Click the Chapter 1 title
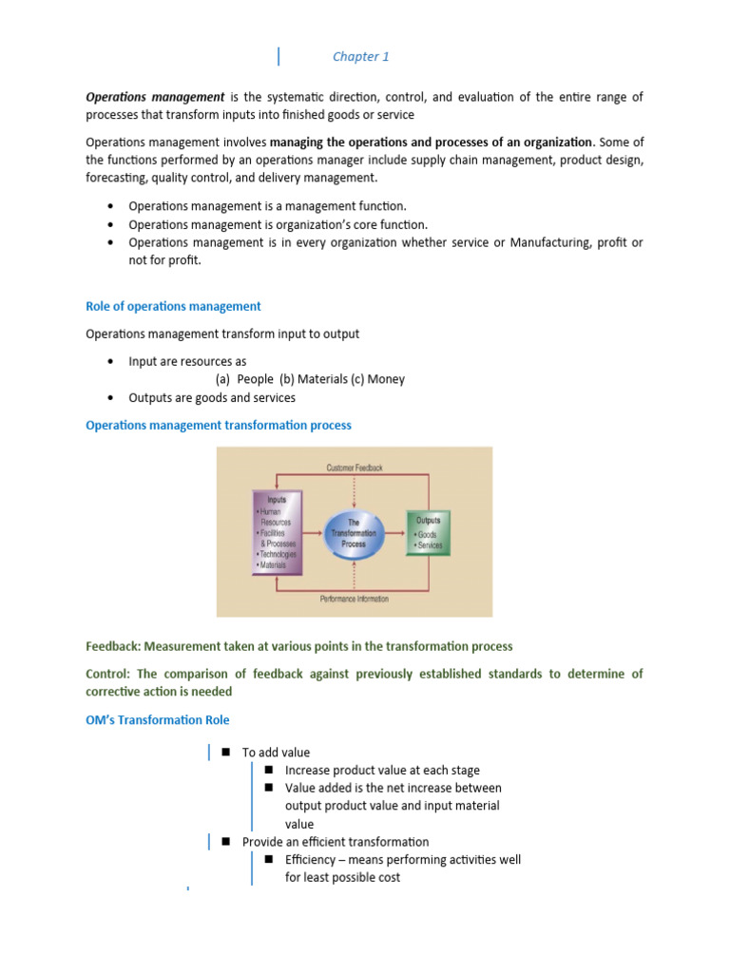360,57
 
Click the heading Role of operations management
173,306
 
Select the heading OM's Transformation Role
157,719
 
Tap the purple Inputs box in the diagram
278,532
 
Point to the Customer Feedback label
354,467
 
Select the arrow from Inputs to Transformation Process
313,533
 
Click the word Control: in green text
108,674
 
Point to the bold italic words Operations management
155,97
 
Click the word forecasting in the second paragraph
116,178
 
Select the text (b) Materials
315,379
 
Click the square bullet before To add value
226,752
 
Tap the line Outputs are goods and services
212,397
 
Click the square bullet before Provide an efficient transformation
226,841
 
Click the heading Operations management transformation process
219,425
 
